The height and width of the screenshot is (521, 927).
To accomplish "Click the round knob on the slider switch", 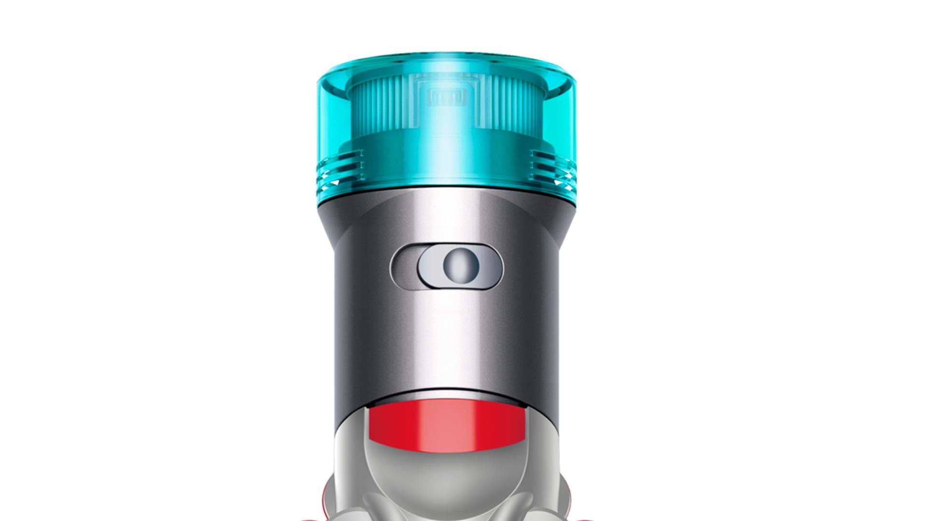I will (461, 266).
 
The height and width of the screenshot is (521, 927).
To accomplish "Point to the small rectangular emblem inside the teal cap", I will (447, 98).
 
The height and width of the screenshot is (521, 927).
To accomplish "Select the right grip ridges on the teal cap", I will (552, 166).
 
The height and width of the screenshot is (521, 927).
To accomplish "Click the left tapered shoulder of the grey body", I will (328, 227).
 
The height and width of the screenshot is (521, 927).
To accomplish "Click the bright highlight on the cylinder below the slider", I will (451, 338).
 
